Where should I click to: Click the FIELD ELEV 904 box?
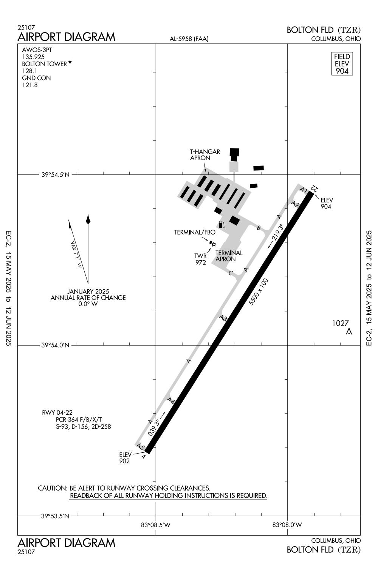(342, 63)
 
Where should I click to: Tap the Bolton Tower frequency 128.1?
(29, 71)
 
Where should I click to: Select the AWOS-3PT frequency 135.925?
(33, 57)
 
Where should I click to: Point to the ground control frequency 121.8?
(29, 85)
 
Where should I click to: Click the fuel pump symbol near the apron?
(221, 224)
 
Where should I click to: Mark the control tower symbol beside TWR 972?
(214, 244)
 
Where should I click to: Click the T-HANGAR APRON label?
(204, 155)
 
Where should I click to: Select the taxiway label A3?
(223, 318)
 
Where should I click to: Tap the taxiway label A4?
(171, 401)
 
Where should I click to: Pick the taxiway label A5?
(141, 447)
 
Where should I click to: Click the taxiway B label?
(259, 228)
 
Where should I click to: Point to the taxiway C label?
(231, 273)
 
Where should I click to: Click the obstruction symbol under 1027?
(349, 332)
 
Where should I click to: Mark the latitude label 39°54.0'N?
(55, 345)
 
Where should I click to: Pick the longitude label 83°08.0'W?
(287, 524)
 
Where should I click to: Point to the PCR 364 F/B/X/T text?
(79, 420)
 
